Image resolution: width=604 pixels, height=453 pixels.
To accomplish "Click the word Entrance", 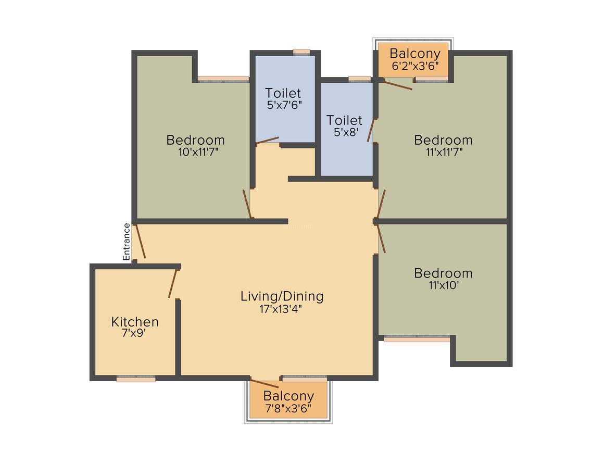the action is [127, 242].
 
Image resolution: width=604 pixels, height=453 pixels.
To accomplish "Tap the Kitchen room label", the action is [135, 322].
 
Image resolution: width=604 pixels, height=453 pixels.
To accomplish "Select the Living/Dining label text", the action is [282, 296].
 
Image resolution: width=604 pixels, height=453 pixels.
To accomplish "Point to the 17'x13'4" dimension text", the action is [281, 309].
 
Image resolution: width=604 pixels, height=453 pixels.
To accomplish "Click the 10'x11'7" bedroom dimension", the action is [198, 152].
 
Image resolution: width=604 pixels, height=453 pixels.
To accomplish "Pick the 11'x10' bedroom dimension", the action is [444, 285].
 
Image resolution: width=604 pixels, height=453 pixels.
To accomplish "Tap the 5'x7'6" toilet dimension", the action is [284, 105].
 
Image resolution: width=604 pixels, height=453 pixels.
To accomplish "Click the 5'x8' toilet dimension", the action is [346, 132].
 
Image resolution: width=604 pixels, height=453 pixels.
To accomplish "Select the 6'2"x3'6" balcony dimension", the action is [415, 66].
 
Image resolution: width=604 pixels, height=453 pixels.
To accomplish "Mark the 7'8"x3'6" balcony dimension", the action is [288, 409].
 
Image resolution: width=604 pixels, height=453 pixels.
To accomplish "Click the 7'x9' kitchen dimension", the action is [134, 333].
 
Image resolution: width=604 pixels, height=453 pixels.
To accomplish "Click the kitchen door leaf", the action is [172, 283].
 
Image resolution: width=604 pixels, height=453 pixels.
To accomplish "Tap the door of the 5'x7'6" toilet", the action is [267, 141].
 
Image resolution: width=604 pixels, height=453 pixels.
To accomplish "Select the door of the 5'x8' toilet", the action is [371, 130].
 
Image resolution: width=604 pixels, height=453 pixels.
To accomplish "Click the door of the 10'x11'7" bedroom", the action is [247, 204].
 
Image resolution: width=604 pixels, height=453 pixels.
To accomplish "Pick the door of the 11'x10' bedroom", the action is [381, 239].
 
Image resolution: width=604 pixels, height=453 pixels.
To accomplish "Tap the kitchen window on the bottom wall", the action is [136, 379].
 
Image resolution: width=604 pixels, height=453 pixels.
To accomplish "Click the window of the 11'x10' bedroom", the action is [417, 338].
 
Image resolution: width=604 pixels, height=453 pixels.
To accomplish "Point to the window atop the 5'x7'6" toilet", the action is [301, 52].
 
